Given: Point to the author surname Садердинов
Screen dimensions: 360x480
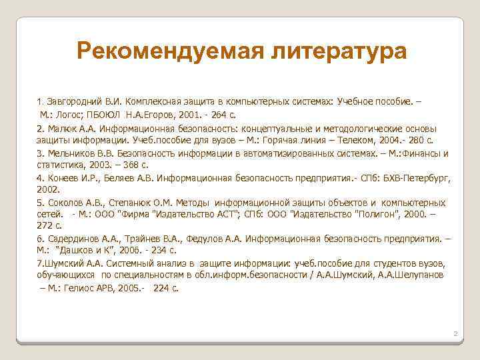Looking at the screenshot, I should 71,238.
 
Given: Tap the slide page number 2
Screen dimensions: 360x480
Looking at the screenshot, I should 454,332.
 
